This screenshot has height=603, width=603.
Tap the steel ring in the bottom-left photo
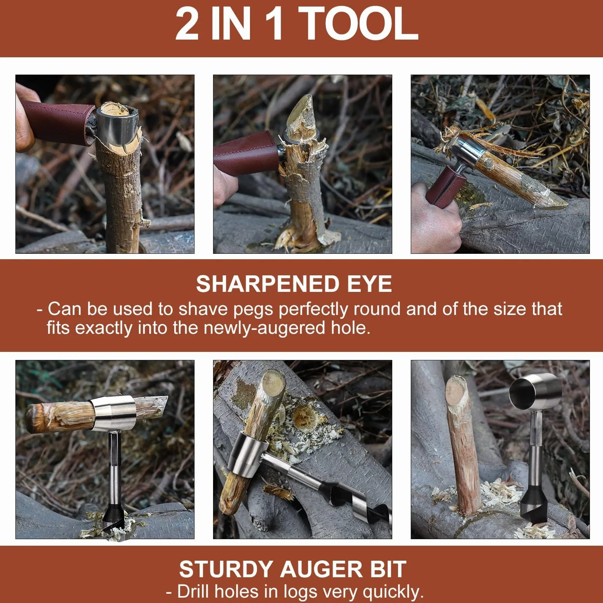tap(113, 413)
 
